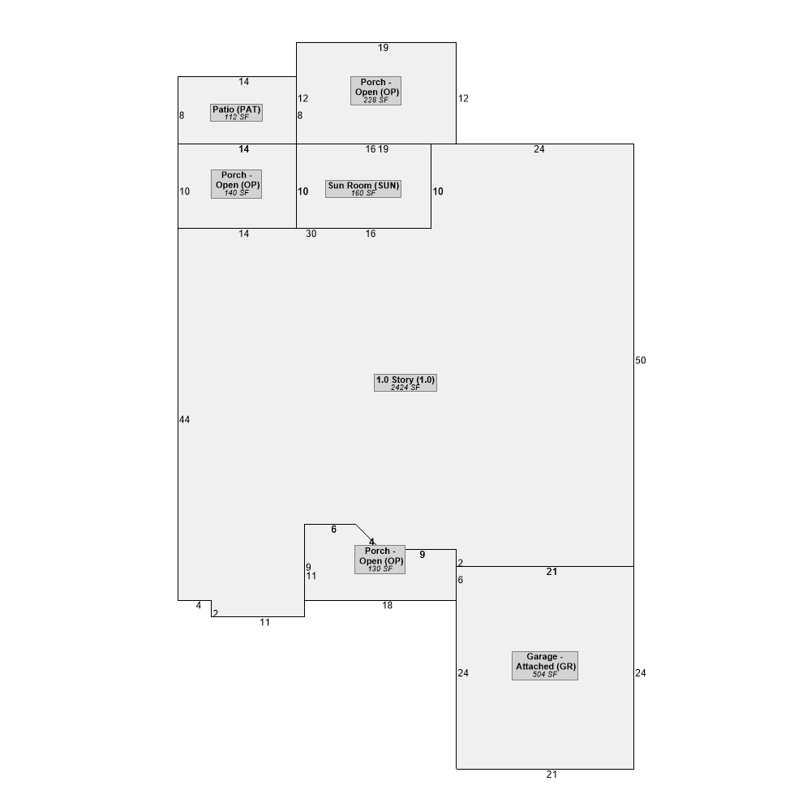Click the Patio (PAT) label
[236, 113]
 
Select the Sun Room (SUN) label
[363, 188]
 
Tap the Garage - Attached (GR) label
[545, 666]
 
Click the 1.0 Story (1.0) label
[405, 383]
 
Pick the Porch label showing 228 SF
[376, 91]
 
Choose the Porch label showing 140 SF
[236, 183]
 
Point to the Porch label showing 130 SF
[380, 560]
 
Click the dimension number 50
[641, 361]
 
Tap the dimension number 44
[185, 419]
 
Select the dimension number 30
[311, 234]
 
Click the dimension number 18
[388, 605]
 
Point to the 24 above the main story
[539, 149]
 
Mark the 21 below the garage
[551, 775]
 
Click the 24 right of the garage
[641, 673]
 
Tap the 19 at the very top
[384, 48]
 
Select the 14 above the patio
[243, 82]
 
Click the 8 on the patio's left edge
[182, 115]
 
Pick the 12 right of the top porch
[463, 98]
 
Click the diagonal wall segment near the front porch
[365, 534]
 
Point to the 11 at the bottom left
[265, 622]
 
